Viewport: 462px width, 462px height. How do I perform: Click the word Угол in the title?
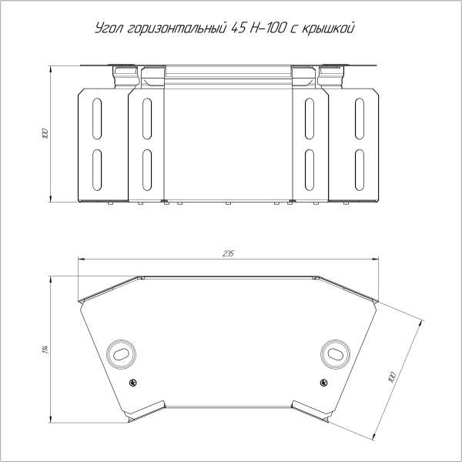[109, 28]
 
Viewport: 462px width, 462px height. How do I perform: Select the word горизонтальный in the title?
[178, 28]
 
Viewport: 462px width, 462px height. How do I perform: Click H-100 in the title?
[268, 28]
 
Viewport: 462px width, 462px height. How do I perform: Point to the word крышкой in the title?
[328, 28]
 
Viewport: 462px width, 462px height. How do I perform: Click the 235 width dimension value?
[229, 253]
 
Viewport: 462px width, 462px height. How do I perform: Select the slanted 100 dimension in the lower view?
[392, 377]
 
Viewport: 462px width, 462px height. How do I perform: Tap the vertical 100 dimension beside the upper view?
[45, 133]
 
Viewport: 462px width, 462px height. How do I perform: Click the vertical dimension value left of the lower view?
[45, 350]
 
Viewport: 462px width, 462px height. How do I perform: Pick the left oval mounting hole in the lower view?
[121, 354]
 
